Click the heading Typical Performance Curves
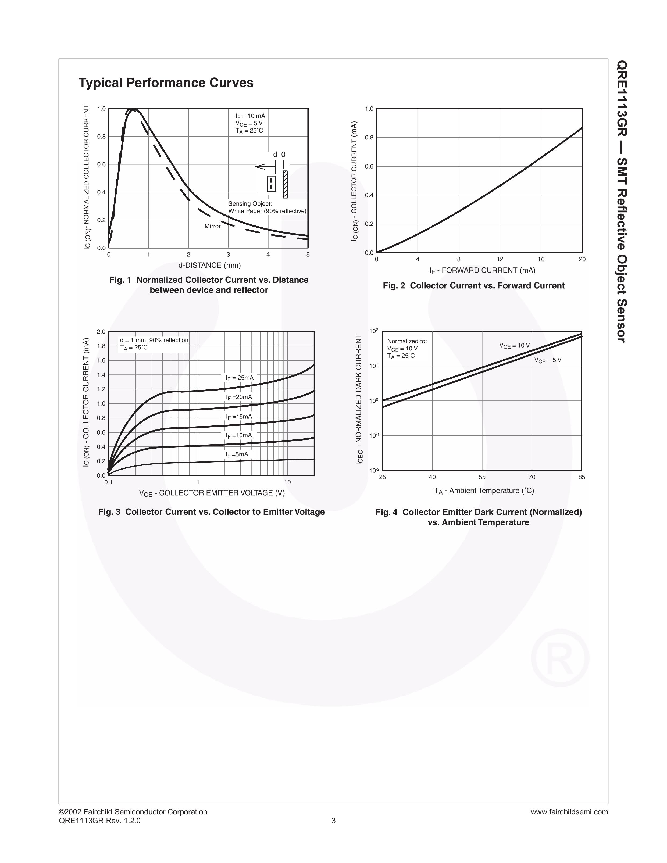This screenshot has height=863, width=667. [x=166, y=83]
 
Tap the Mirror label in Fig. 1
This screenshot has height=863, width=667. [x=212, y=226]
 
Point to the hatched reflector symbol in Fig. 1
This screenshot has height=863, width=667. [x=285, y=184]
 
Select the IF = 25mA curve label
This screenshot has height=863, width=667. [x=240, y=378]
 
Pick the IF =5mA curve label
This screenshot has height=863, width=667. [x=237, y=454]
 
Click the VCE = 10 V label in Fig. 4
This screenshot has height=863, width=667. [x=514, y=346]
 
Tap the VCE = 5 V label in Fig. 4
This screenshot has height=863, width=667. [x=548, y=360]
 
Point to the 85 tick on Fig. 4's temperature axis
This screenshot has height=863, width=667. [x=582, y=477]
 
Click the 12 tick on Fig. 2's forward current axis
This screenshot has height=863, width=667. [x=500, y=259]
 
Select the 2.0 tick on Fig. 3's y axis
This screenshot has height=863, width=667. [x=101, y=332]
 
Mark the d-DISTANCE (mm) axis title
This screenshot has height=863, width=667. [x=209, y=265]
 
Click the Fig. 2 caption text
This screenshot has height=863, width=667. [x=474, y=286]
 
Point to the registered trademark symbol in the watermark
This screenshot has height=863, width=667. [x=560, y=658]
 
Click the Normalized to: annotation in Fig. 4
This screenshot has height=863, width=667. [x=407, y=341]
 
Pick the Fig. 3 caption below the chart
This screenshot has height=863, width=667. [x=212, y=512]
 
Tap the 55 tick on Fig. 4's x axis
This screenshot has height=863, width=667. [x=482, y=477]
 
